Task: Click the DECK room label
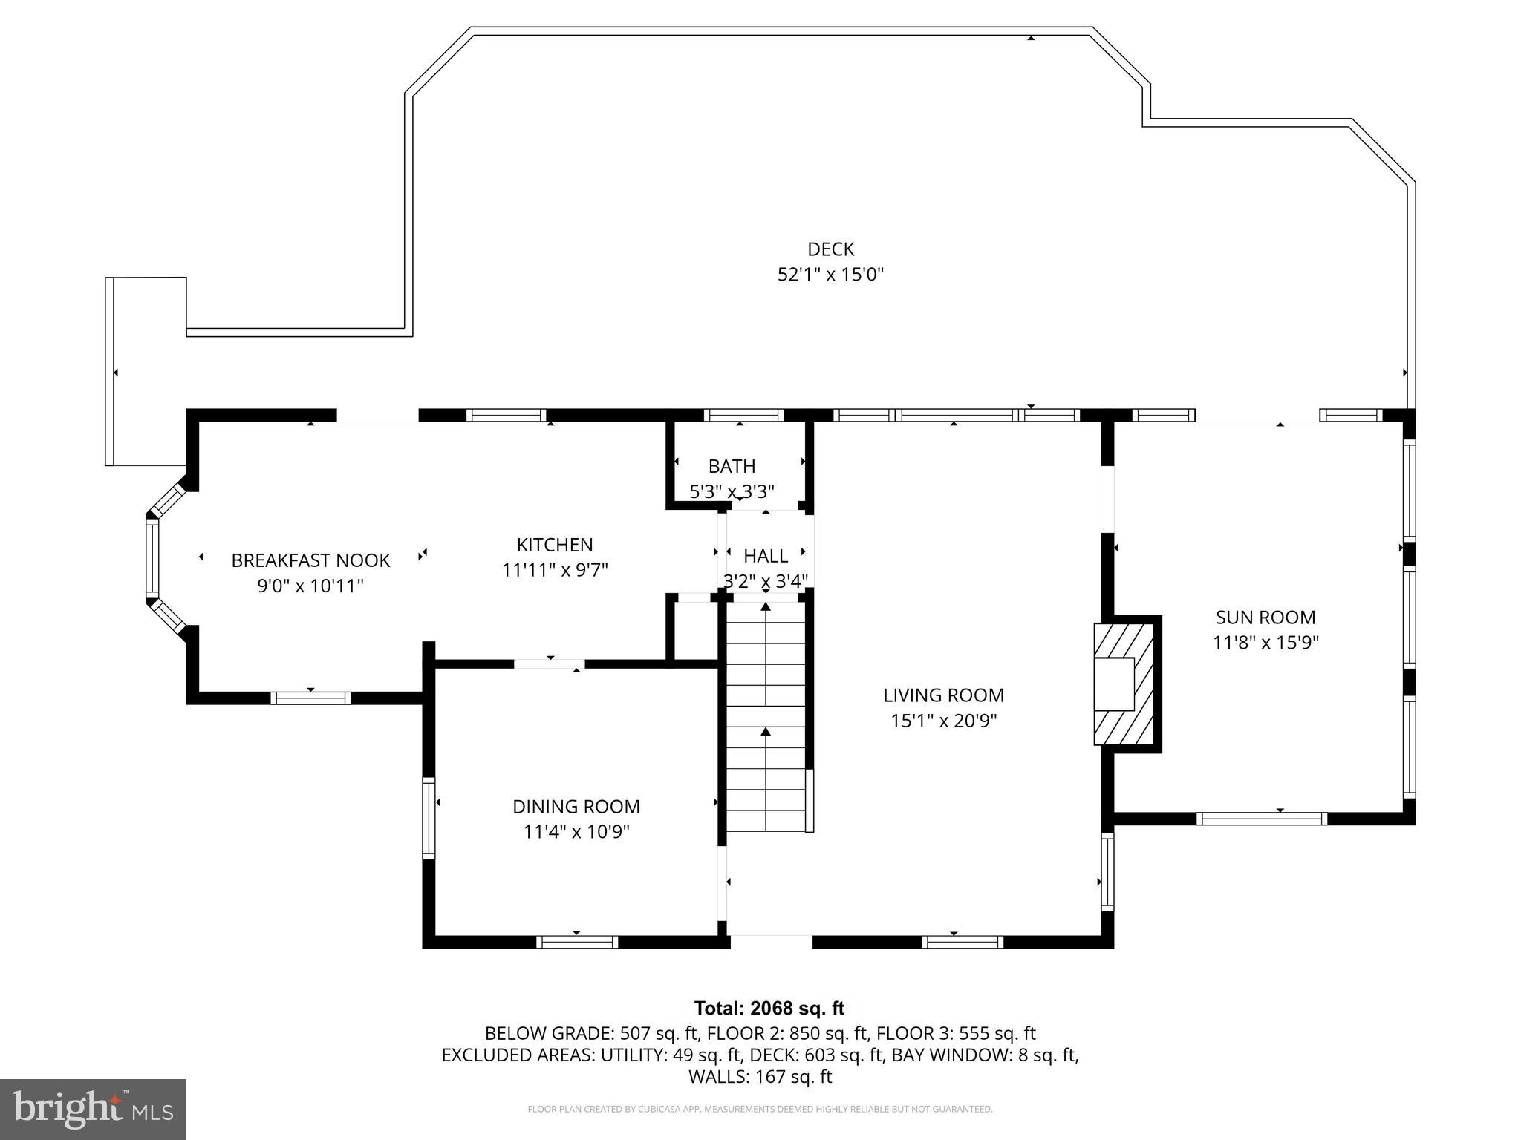(x=830, y=249)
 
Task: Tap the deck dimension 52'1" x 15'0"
(x=830, y=275)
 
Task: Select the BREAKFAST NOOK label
(x=310, y=560)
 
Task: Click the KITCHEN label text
(x=555, y=545)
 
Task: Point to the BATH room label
(x=732, y=466)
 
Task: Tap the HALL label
(x=766, y=556)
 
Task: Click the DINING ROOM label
(x=576, y=806)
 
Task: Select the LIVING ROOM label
(x=943, y=695)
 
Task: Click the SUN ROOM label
(x=1265, y=617)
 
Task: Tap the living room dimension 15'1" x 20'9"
(x=943, y=721)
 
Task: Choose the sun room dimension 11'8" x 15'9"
(x=1265, y=643)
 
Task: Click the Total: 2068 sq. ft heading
(x=769, y=1008)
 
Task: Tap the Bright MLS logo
(x=93, y=1109)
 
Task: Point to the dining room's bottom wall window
(x=577, y=942)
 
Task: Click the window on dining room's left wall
(x=429, y=817)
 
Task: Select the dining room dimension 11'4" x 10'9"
(x=576, y=832)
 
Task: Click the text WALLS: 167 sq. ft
(x=760, y=1077)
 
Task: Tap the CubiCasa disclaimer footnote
(x=760, y=1109)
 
